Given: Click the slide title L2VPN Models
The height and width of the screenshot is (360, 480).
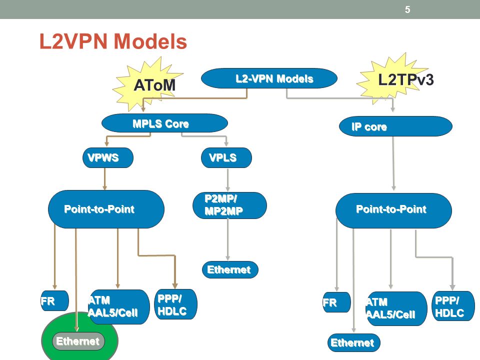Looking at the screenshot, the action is (x=113, y=41).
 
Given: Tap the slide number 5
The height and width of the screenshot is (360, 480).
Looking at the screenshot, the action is (x=407, y=9).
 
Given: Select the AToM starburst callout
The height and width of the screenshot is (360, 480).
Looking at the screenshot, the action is (x=148, y=84).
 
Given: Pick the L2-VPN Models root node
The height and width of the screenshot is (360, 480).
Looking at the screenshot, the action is (x=269, y=78).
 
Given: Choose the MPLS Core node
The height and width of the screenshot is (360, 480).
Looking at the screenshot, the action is (x=164, y=123).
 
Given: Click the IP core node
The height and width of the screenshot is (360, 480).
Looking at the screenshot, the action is (x=395, y=126).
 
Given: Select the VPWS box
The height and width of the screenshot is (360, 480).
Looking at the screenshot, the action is (x=108, y=157).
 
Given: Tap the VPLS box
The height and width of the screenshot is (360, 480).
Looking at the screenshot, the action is (x=226, y=157).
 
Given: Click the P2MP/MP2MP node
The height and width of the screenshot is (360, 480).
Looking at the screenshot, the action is (x=229, y=205).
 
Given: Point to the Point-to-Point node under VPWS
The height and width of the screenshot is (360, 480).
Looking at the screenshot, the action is (x=106, y=209).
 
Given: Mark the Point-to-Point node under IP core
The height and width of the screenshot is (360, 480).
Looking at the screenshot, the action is (x=393, y=210).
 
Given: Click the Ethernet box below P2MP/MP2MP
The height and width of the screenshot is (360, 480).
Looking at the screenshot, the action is (x=230, y=269).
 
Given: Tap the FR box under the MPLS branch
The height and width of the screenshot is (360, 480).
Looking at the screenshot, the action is (x=54, y=300).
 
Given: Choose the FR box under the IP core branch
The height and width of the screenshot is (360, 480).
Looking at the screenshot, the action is (x=336, y=302).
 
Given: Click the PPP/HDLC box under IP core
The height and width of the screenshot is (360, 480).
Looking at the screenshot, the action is (x=453, y=306).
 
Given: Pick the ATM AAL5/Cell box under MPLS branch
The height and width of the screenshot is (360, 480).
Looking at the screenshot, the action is (x=118, y=306).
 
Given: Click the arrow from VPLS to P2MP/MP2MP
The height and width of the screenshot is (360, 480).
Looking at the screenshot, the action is (x=227, y=180).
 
